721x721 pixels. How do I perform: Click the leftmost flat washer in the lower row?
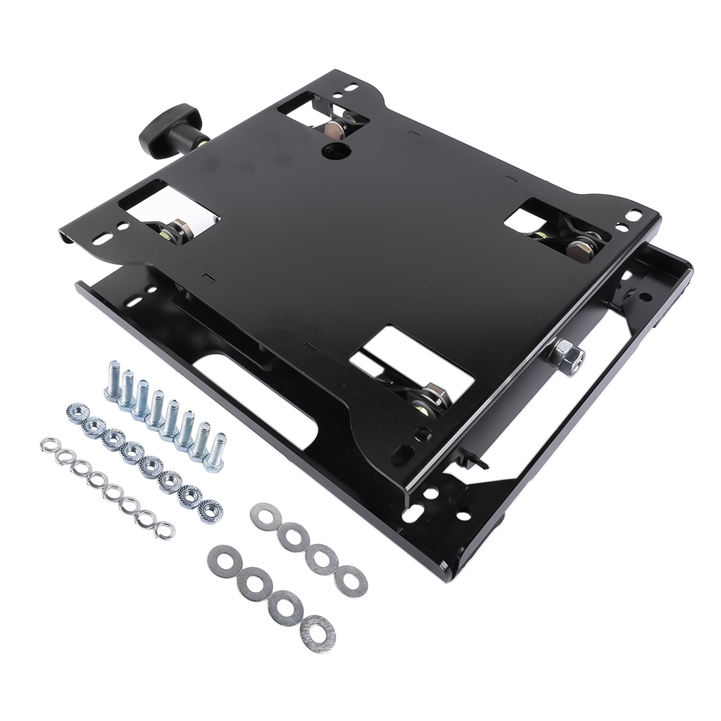(222, 561)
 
